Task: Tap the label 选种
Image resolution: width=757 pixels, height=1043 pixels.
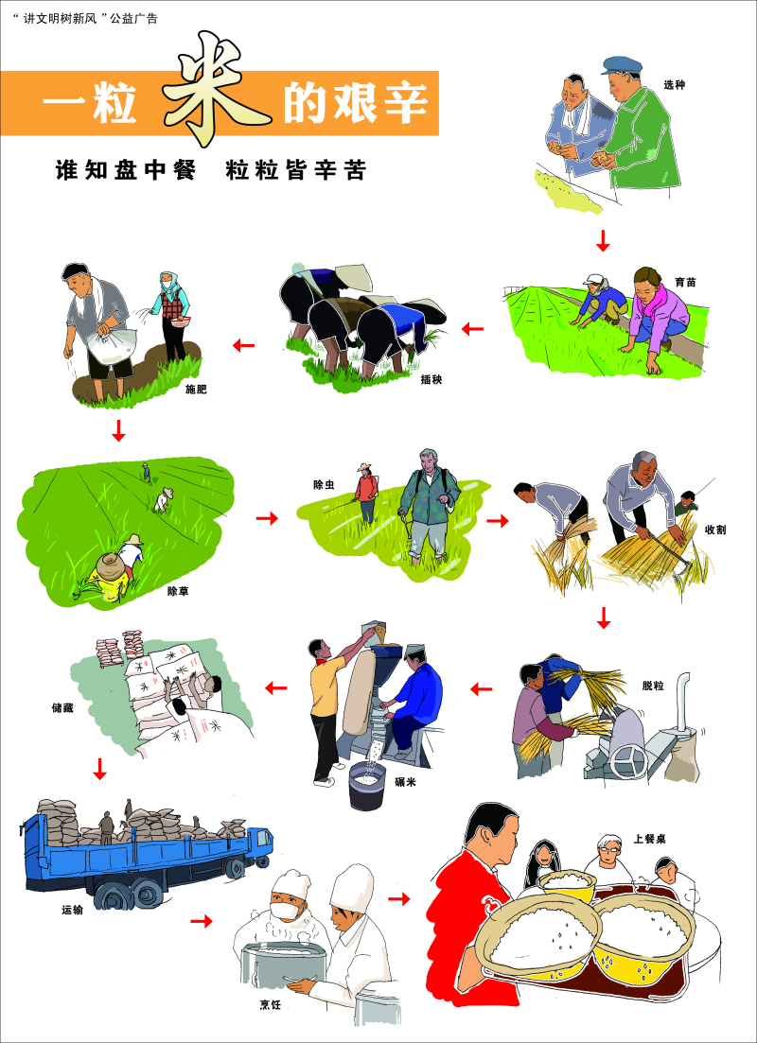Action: (x=674, y=85)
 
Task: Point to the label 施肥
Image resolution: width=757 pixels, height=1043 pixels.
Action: (x=196, y=389)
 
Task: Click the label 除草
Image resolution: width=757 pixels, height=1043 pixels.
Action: (x=178, y=591)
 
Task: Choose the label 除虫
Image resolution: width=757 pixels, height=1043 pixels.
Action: (x=324, y=484)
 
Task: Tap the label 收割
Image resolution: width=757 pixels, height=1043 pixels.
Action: (x=715, y=530)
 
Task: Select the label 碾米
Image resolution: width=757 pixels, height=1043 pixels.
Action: (x=406, y=782)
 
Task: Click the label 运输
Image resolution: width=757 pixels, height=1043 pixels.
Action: (x=72, y=911)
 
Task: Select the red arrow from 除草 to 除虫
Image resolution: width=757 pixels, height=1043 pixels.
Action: (x=268, y=518)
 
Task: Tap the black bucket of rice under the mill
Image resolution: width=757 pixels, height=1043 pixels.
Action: (x=368, y=787)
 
